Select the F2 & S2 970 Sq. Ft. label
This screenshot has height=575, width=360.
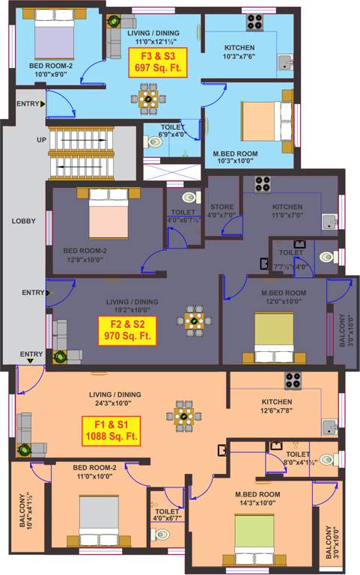click(127, 330)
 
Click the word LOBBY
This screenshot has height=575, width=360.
click(23, 222)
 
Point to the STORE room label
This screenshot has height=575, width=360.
click(222, 211)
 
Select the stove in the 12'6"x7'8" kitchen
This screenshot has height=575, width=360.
click(292, 380)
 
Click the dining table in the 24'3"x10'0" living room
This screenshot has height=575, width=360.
click(183, 413)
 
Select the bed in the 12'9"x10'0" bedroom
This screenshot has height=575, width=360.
click(110, 213)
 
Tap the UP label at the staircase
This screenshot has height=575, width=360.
click(42, 140)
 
